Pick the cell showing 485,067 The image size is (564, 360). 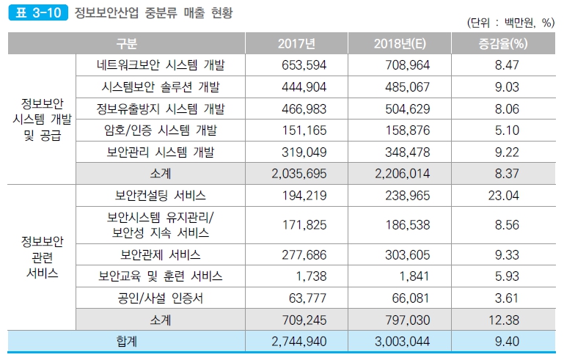click(x=407, y=87)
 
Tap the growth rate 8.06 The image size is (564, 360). click(x=507, y=109)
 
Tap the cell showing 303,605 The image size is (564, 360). click(x=407, y=254)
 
